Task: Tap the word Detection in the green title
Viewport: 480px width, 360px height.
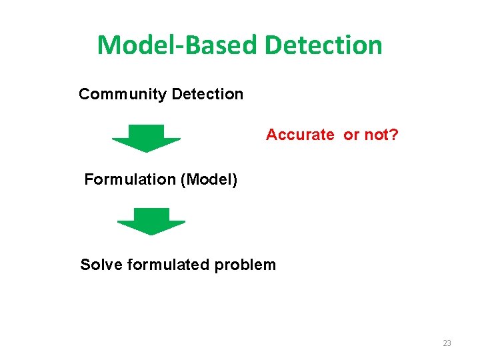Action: (x=324, y=45)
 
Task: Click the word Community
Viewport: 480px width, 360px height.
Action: (x=123, y=94)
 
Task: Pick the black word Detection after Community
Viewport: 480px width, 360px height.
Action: (x=207, y=94)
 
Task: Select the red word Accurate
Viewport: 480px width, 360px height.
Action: (x=300, y=135)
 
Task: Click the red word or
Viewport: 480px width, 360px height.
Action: (x=351, y=135)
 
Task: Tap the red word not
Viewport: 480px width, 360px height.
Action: (x=376, y=135)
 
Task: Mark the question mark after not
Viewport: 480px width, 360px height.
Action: (x=395, y=135)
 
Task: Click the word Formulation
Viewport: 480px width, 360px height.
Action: (x=128, y=179)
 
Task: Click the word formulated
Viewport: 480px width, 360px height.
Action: (x=168, y=265)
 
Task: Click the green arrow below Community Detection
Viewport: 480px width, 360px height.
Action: (x=146, y=138)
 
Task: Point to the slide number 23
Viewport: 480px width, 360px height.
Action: (x=447, y=343)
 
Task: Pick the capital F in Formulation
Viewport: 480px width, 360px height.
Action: (x=89, y=179)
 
